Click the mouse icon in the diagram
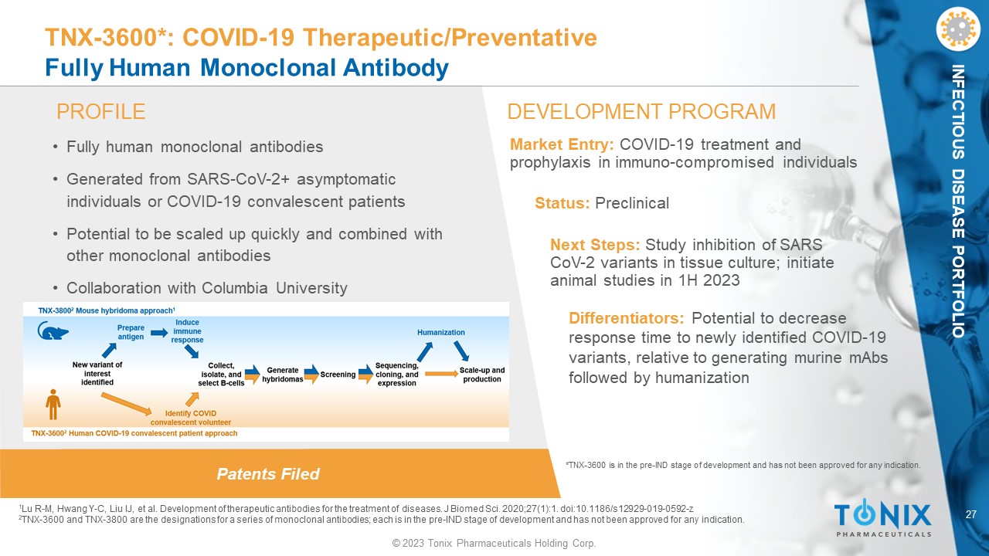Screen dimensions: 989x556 tap(53, 331)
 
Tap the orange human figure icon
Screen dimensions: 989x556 tap(53, 404)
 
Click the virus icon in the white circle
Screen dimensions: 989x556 tap(957, 29)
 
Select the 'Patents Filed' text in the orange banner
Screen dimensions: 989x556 tap(268, 474)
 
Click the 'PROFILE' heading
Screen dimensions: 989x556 tap(100, 112)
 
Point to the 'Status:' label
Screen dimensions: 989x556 tap(562, 203)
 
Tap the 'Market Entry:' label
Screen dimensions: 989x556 tap(562, 144)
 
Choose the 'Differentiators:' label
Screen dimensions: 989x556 tap(626, 318)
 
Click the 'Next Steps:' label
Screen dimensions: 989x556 tap(595, 245)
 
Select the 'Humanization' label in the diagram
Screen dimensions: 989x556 tap(440, 332)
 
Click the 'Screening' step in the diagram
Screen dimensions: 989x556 tap(338, 375)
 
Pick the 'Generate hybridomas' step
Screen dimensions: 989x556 tap(283, 375)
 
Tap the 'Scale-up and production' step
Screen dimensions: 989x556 tap(481, 375)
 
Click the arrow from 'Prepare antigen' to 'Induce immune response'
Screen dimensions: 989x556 tap(159, 332)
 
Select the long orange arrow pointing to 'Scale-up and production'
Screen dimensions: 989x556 tap(441, 375)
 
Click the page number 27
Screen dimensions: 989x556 tap(970, 514)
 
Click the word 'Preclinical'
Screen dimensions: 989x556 tap(632, 203)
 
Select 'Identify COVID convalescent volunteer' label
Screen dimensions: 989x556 tap(191, 418)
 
